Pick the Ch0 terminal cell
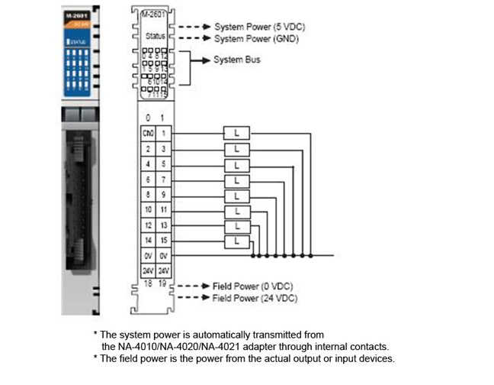click(x=147, y=131)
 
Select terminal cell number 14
click(x=147, y=241)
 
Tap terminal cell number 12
click(x=147, y=225)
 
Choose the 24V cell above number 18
click(x=147, y=272)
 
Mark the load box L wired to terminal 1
click(x=237, y=131)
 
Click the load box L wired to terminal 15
click(x=237, y=241)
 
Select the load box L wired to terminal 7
click(x=237, y=179)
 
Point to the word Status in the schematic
click(x=155, y=36)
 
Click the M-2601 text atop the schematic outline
click(x=155, y=15)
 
